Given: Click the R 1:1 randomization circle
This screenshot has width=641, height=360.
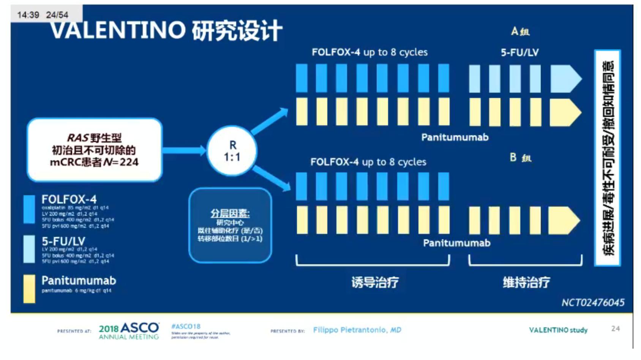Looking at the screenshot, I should point(232,151).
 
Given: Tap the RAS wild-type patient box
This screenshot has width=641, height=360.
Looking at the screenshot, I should point(95,150).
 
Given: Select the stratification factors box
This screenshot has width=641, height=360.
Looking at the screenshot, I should point(230,226).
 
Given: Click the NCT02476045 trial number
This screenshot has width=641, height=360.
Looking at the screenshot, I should point(593,302).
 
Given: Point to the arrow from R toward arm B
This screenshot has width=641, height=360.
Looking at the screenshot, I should point(271,177).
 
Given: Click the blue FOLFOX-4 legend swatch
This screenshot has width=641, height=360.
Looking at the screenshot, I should point(29,209).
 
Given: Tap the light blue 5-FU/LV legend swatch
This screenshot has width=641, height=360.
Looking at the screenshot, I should point(29,249).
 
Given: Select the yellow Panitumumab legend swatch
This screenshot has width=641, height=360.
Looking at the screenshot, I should point(29,289).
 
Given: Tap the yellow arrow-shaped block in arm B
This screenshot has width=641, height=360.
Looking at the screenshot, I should point(564,220).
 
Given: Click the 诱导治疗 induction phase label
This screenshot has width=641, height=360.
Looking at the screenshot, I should point(375,282).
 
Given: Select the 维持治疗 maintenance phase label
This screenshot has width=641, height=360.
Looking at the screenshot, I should point(526,282).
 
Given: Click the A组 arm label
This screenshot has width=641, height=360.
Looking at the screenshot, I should point(520,31).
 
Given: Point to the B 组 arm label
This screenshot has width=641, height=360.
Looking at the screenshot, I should point(520,157).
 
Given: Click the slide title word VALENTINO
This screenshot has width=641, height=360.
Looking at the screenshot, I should point(118,30).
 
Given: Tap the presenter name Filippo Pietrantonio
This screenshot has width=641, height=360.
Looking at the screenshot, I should point(357,330).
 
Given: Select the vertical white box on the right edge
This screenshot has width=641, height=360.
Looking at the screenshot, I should point(608,158).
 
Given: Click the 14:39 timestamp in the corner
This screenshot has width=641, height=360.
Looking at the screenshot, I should point(28,15).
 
